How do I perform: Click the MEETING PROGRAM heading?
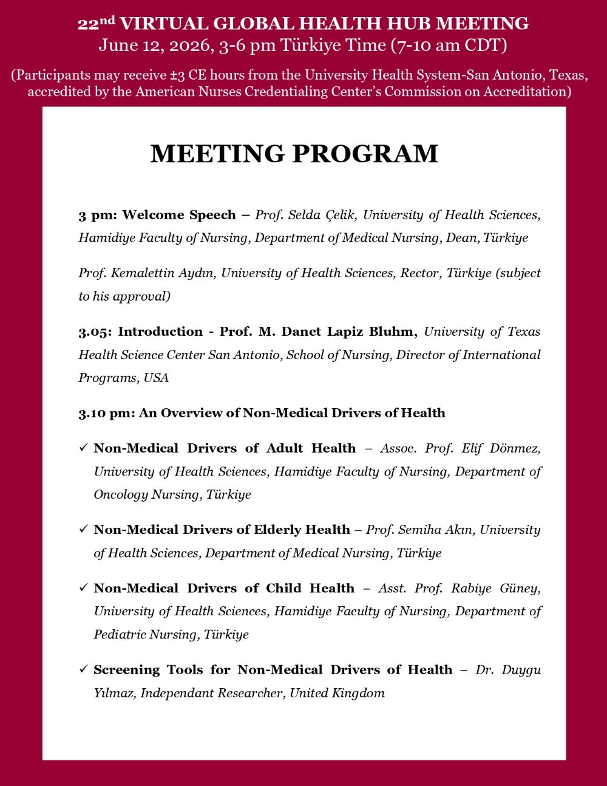294,154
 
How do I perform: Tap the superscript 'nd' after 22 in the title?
107,20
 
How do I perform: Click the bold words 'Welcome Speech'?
178,215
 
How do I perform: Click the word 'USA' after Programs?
156,378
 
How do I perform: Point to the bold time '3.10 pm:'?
106,413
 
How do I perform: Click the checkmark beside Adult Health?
83,448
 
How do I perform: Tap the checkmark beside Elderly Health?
83,530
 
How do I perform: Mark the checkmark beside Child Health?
83,588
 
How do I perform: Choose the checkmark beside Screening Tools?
83,669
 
